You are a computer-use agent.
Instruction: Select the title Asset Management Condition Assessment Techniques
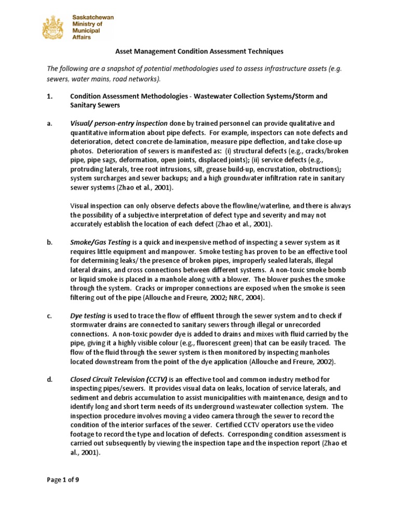point(198,51)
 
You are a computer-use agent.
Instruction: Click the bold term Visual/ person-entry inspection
point(118,123)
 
